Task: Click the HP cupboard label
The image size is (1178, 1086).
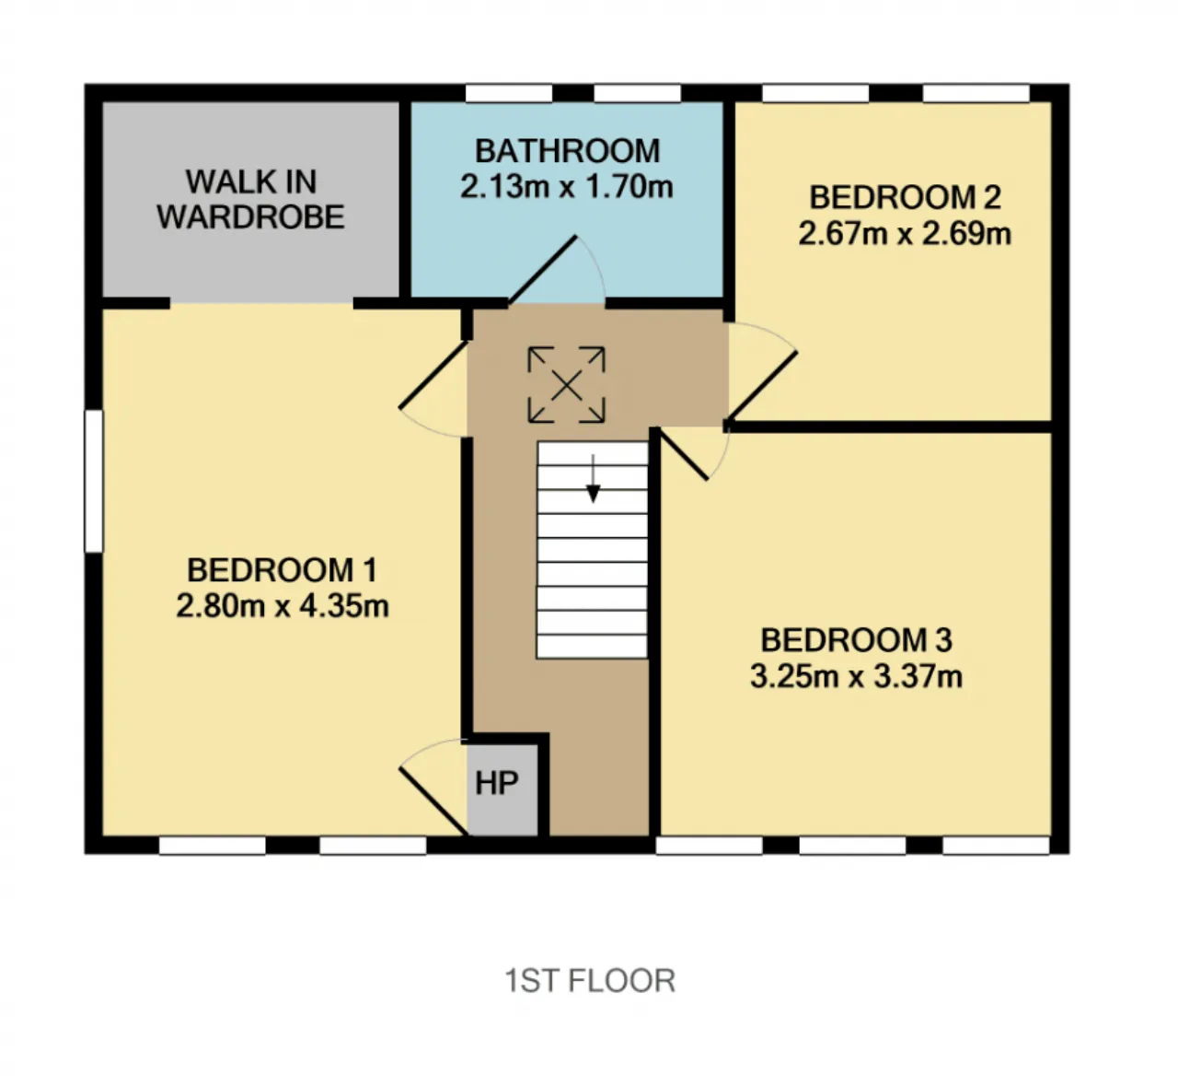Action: (497, 783)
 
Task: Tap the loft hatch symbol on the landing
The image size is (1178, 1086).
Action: (566, 385)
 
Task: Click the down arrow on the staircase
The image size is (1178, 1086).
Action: (593, 479)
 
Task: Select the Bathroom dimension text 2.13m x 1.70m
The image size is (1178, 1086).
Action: (566, 187)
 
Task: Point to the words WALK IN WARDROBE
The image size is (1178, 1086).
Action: (250, 199)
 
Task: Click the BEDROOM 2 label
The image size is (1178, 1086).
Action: (905, 197)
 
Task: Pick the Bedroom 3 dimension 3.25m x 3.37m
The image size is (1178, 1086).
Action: (856, 677)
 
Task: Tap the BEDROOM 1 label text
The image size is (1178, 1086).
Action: (282, 570)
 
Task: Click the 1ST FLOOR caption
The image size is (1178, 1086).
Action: (590, 981)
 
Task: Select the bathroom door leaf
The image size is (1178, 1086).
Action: (543, 271)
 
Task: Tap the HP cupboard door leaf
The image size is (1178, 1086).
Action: (434, 800)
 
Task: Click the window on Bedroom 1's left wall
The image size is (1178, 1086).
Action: (94, 482)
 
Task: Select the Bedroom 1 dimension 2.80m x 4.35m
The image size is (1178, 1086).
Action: (283, 606)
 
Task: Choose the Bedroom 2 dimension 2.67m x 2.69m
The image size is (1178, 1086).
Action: (905, 234)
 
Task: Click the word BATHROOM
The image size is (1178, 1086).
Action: (567, 152)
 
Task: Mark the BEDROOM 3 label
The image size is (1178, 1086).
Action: (857, 640)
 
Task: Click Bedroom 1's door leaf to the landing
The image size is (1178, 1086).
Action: (434, 374)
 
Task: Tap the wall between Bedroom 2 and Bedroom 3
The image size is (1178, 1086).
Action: (889, 426)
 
